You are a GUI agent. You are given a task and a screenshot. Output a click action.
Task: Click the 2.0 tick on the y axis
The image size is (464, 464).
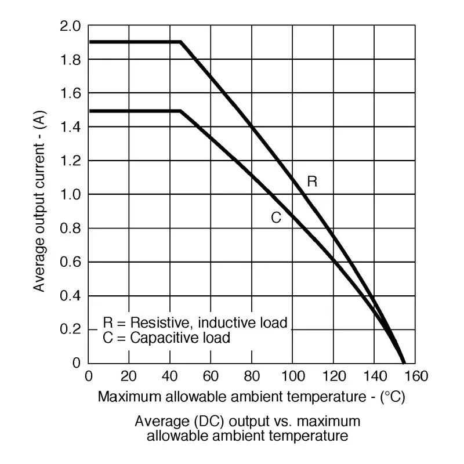point(72,27)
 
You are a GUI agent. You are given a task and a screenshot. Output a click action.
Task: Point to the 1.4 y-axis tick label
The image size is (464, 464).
point(72,127)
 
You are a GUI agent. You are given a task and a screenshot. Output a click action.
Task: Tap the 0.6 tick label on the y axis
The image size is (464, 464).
point(72,262)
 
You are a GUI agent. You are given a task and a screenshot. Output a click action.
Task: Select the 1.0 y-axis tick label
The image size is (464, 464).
point(72,195)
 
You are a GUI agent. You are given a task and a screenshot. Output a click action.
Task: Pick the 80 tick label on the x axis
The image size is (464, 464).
point(251,376)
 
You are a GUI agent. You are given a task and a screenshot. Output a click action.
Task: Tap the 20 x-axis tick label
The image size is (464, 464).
point(129,376)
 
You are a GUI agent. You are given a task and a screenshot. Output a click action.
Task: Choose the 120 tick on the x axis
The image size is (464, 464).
point(333,376)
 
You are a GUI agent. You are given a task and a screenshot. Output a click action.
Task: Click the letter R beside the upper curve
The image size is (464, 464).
point(312,182)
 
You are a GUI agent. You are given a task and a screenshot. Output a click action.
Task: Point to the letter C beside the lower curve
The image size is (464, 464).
point(277,218)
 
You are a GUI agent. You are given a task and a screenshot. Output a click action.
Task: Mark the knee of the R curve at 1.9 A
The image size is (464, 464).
point(181,42)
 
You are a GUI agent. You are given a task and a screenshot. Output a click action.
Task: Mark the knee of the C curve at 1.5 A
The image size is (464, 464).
point(181,110)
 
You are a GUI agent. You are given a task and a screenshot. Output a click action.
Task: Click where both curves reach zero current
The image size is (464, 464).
point(403,362)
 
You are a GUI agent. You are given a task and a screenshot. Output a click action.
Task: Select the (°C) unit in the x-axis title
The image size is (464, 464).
point(393,397)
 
